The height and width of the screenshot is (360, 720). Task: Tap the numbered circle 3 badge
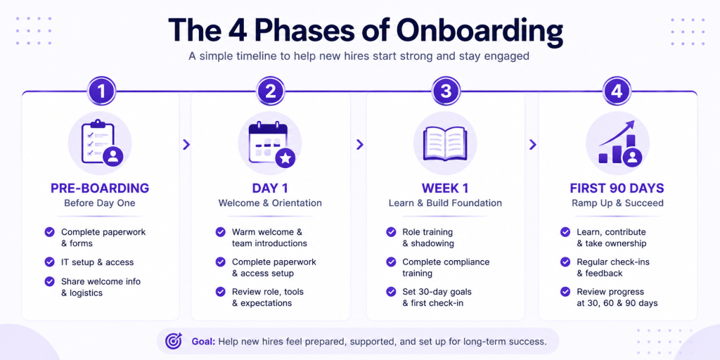(445, 91)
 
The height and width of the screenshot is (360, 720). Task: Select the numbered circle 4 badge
(617, 91)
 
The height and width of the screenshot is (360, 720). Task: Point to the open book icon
(445, 143)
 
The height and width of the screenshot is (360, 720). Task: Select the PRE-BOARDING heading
(100, 188)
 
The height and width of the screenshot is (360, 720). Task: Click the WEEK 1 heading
(445, 188)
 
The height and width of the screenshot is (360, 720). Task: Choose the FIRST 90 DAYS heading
(617, 188)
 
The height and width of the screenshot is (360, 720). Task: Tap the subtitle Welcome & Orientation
(270, 203)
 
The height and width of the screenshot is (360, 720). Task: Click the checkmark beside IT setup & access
(50, 262)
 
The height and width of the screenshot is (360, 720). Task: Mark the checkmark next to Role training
(391, 232)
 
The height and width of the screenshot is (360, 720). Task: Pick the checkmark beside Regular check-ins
(566, 262)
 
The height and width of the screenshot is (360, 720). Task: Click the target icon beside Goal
(174, 341)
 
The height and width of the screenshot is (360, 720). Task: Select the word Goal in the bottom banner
(203, 342)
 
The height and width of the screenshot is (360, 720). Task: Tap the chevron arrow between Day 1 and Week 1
(359, 145)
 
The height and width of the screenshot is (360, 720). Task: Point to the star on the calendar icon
(285, 158)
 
